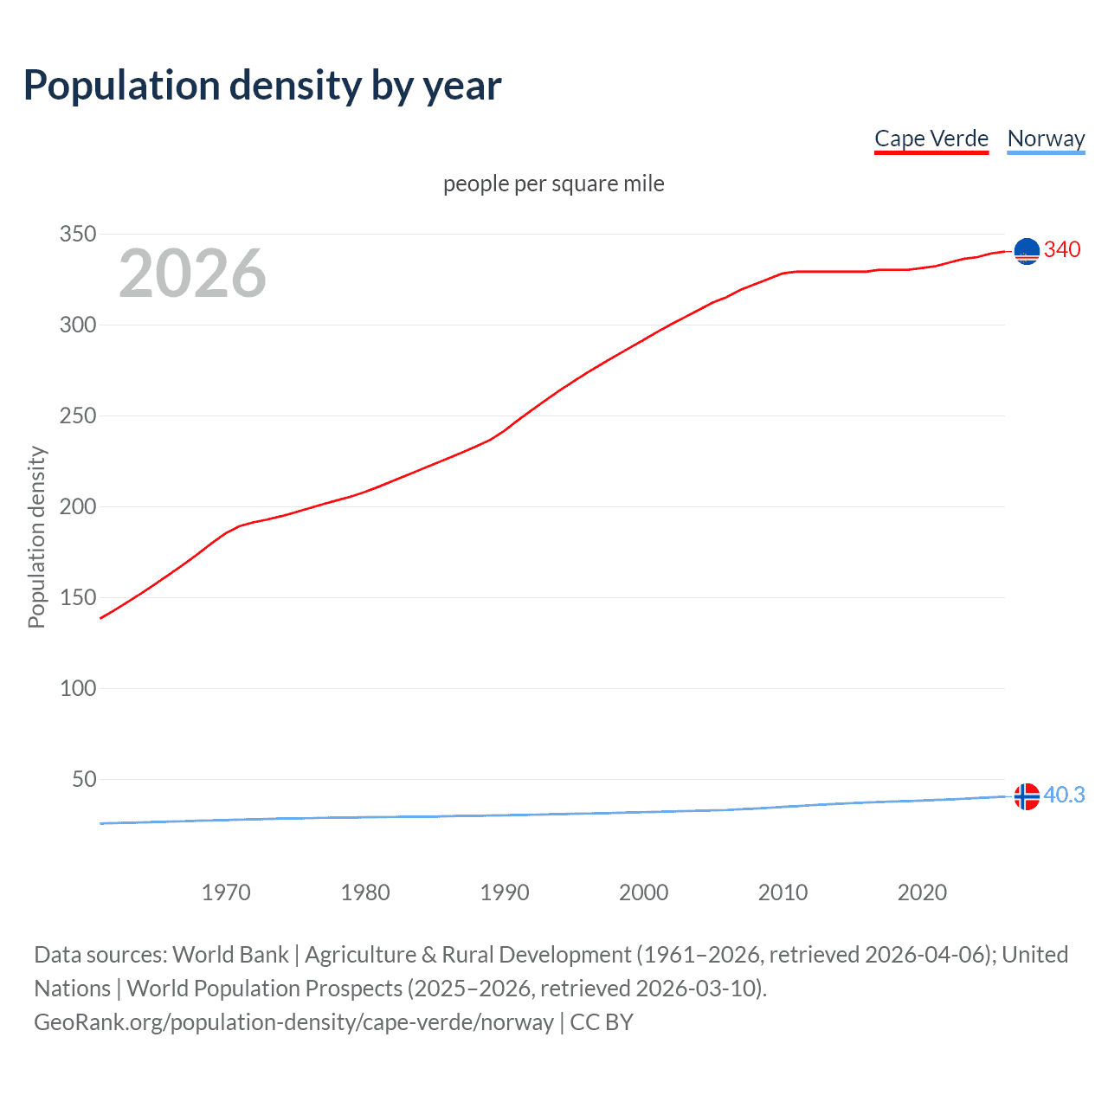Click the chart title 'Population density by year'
(262, 86)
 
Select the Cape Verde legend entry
(931, 138)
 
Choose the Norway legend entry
(1046, 138)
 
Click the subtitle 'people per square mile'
(553, 184)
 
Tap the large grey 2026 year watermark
(192, 274)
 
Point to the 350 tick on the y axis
(77, 235)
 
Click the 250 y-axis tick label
(77, 416)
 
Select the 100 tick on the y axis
(77, 689)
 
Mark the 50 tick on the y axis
(84, 780)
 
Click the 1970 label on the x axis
(226, 892)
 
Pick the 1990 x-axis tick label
(505, 892)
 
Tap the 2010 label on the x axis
(783, 892)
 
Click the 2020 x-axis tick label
(922, 892)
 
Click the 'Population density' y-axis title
(36, 537)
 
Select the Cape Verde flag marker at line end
(1027, 251)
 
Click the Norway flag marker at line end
(1027, 796)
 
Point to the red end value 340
(1062, 250)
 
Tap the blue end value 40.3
(1064, 796)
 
